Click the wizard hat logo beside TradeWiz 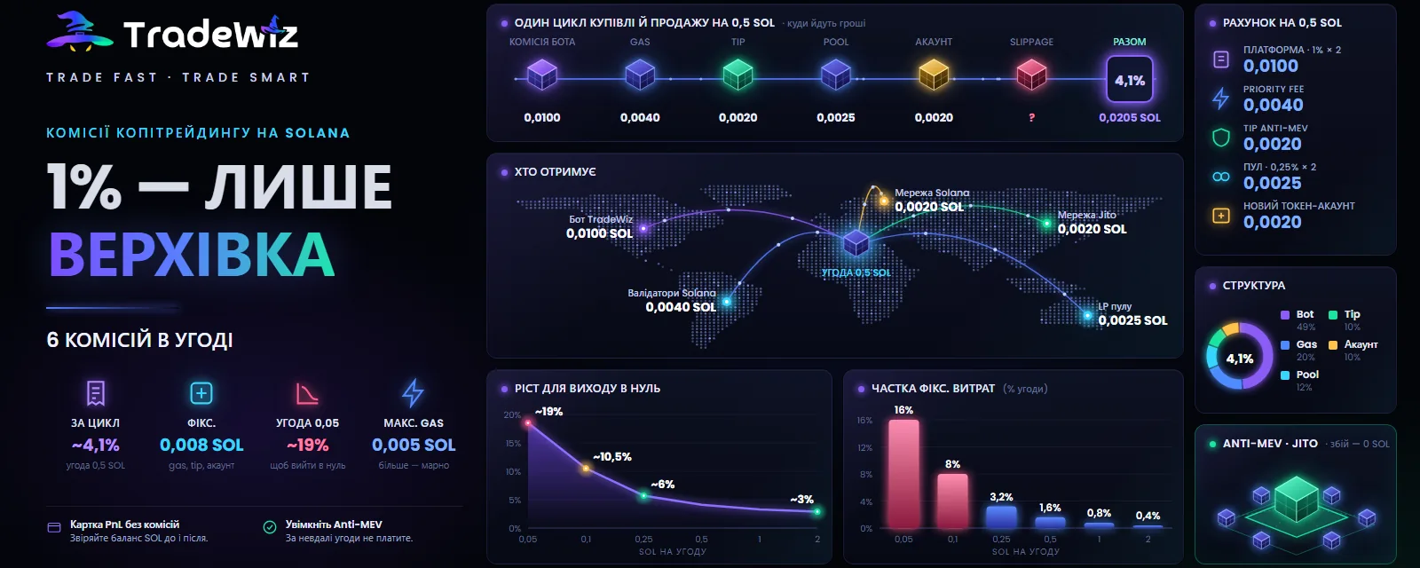79,31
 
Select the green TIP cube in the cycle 738,75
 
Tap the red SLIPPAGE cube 1031,75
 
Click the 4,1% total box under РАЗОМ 1130,80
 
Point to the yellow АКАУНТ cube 934,75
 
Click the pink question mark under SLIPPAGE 1031,117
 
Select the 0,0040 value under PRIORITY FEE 1273,105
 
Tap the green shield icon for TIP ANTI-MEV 1221,137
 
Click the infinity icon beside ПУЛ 1221,177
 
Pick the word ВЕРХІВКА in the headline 192,255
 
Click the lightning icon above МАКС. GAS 414,393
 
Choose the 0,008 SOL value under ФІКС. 201,445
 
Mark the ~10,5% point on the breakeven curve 586,469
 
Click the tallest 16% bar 903,474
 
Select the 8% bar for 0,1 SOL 953,501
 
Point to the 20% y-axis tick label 512,415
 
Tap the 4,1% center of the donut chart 1239,359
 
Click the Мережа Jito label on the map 1086,215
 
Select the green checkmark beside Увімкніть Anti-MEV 270,527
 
